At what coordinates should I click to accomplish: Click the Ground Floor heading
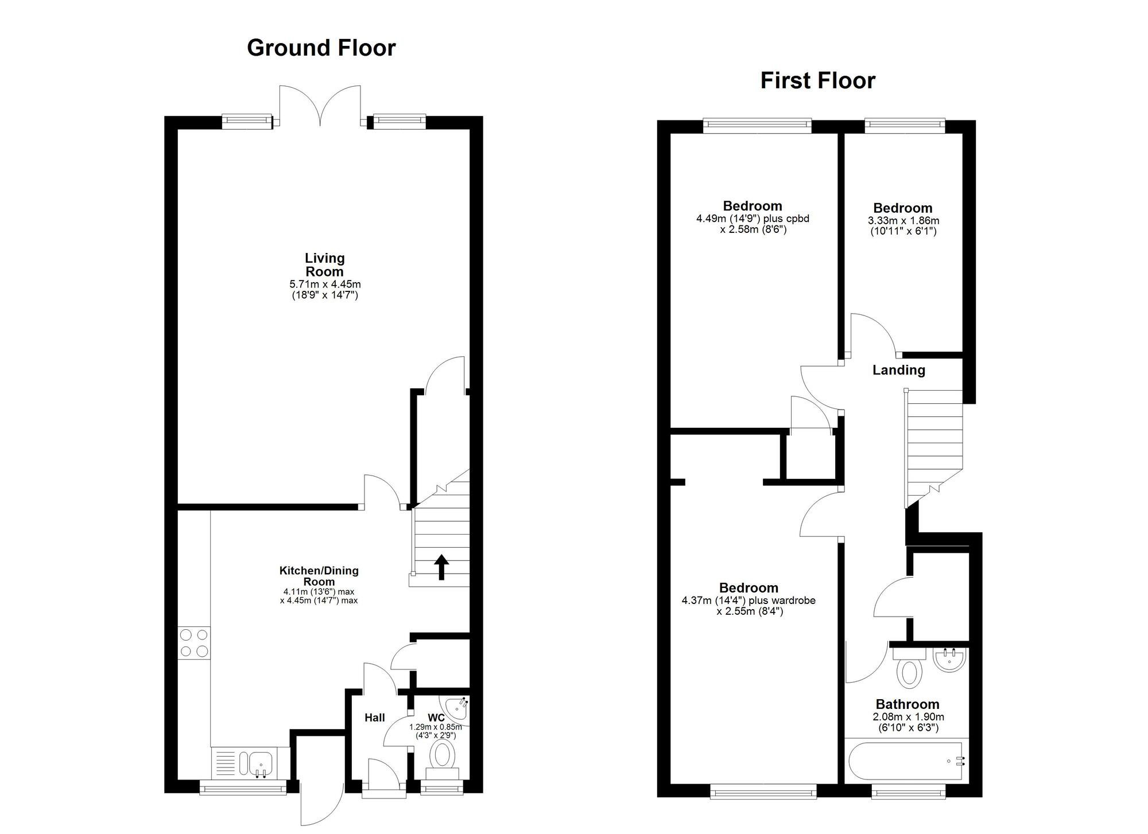321,48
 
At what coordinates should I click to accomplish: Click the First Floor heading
817,81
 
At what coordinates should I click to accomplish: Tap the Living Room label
324,265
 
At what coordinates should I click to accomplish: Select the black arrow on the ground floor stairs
441,567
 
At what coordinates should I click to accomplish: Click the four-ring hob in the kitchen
194,643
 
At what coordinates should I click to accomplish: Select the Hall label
375,718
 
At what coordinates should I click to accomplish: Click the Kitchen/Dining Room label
319,576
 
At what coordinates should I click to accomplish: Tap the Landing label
898,371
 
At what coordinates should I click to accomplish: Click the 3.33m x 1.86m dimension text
903,221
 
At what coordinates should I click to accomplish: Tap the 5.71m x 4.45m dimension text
325,285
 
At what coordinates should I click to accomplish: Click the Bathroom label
907,704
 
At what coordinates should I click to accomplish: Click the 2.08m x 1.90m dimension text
908,717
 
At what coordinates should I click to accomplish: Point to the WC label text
436,718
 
